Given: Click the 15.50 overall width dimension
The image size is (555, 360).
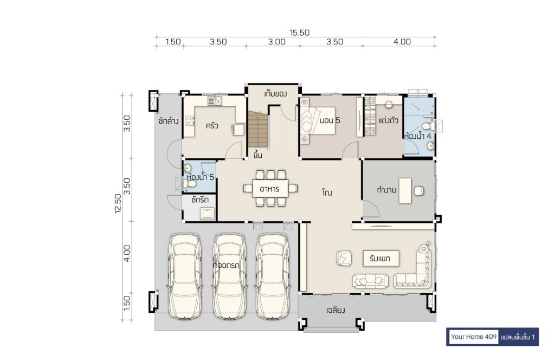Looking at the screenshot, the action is tap(299, 33).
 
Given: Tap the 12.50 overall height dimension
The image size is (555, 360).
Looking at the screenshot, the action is tap(118, 203).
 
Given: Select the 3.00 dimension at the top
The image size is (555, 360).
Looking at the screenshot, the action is tap(276, 42).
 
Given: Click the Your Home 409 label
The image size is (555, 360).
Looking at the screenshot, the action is tap(474, 337).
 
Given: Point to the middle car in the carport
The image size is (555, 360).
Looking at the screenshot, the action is tap(229, 276).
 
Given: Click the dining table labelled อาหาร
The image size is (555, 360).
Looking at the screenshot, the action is tap(270, 189).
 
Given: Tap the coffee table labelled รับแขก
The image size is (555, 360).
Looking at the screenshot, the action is tap(381, 259).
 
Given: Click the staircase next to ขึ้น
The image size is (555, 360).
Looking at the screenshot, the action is tap(258, 129).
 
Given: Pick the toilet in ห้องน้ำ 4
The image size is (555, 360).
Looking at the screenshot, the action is tap(428, 126).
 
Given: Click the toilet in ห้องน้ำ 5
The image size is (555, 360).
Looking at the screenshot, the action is tap(190, 184).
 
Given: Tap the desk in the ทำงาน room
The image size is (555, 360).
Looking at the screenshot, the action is tap(405, 190).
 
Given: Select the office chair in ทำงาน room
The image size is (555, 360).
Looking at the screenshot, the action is tap(419, 191).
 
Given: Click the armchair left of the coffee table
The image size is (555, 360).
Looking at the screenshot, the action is tap(344, 258).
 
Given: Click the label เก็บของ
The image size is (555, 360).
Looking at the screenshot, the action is tap(275, 94).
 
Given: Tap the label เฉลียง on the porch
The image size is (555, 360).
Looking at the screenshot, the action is tap(335, 311).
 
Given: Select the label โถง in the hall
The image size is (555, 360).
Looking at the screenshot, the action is tap(327, 193).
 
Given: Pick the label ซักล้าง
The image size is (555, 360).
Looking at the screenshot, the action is tap(169, 121).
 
